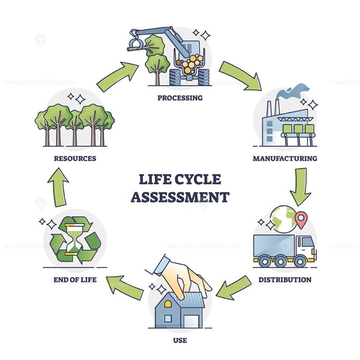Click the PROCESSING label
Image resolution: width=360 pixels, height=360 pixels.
(180, 98)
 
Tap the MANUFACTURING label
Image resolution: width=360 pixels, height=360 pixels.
(285, 158)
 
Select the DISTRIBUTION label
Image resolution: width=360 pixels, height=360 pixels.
(285, 280)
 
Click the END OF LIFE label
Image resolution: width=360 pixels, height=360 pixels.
(75, 280)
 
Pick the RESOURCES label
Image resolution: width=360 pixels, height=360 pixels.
(75, 158)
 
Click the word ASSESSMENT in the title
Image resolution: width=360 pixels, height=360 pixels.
(180, 196)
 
